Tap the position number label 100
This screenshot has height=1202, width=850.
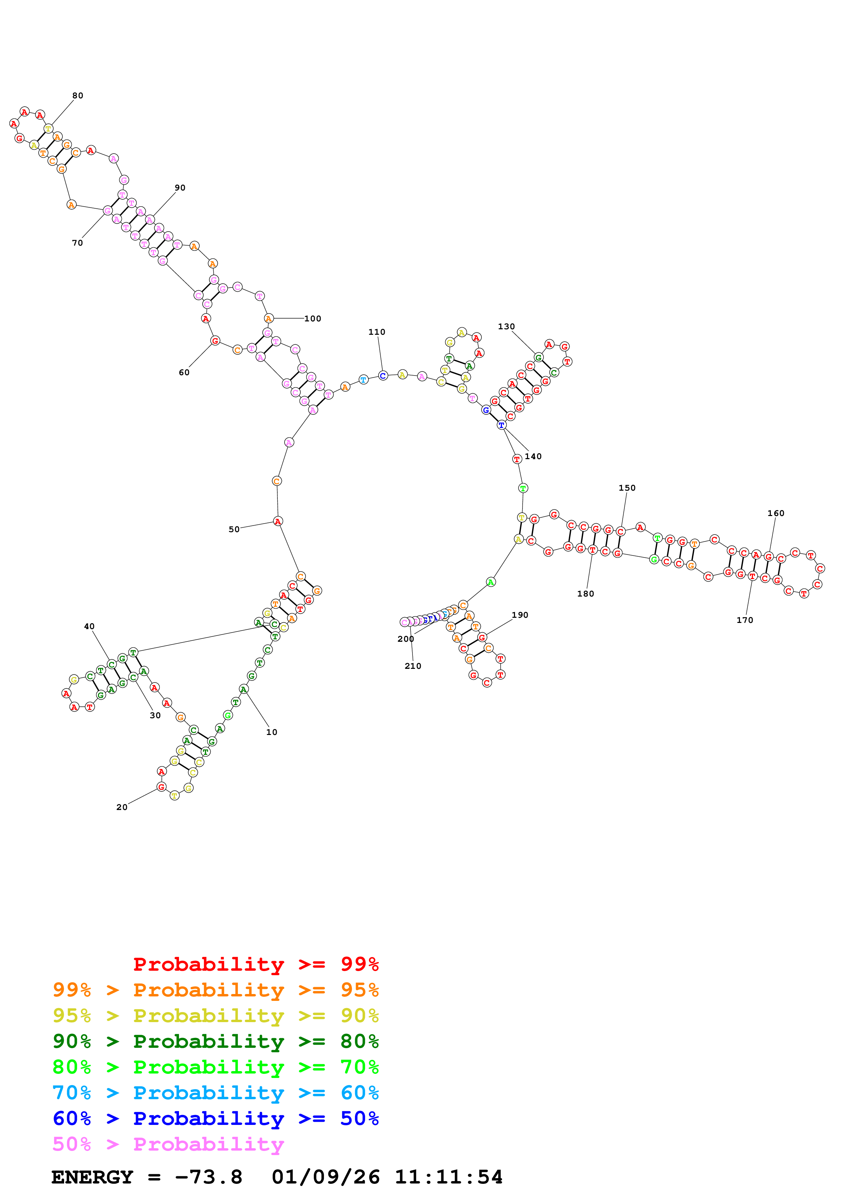click(x=313, y=319)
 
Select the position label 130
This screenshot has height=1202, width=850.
click(x=506, y=327)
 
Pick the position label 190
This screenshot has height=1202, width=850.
click(x=520, y=615)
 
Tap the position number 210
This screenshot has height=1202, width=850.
click(x=413, y=666)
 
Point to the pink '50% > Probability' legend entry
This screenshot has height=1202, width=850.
click(x=168, y=1144)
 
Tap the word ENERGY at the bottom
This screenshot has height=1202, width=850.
click(x=92, y=1177)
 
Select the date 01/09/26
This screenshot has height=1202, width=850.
click(x=326, y=1177)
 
